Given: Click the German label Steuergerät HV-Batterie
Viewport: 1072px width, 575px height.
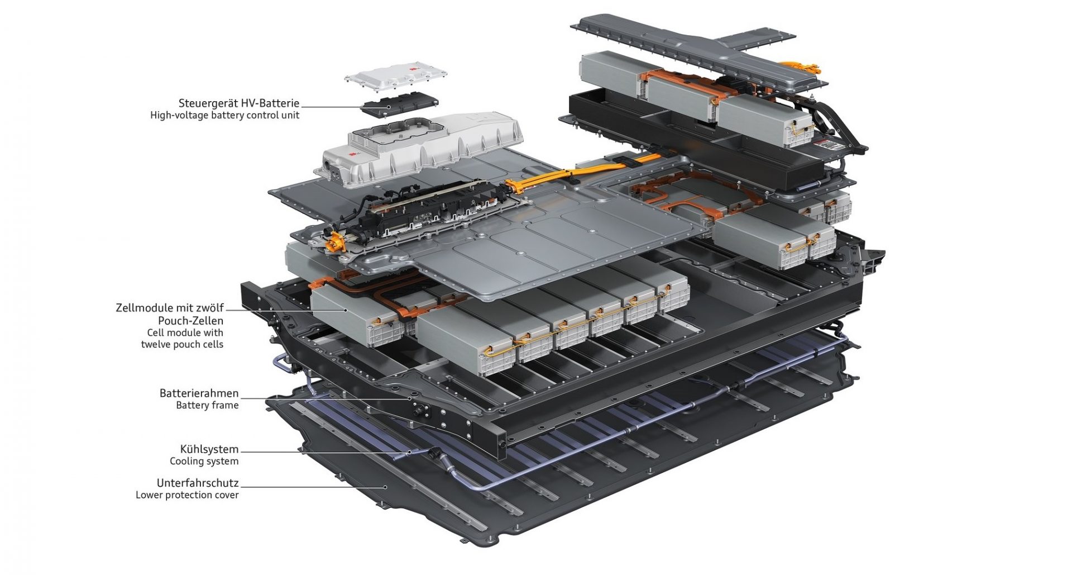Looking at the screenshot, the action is coord(239,103).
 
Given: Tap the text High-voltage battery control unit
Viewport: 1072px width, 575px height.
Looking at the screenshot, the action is coord(225,115).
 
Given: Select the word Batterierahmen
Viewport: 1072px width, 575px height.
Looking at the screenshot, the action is coord(199,393).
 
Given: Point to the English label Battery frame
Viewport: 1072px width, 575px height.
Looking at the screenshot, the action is coord(207,405).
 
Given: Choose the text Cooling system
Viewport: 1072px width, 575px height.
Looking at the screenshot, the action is coord(204,461).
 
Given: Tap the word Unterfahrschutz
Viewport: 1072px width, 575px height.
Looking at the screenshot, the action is coord(198,483).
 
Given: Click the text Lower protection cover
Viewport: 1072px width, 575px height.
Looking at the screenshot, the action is coord(187,495).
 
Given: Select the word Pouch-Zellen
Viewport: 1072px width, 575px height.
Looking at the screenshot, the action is coord(190,321).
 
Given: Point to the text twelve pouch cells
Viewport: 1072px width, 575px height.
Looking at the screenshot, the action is coord(182,344).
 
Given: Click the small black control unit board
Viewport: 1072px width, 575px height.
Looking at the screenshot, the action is coord(400,104).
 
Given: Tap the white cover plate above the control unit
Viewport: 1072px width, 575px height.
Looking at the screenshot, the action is coord(396,77).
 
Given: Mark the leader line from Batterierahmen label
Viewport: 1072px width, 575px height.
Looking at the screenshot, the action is coord(326,398).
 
